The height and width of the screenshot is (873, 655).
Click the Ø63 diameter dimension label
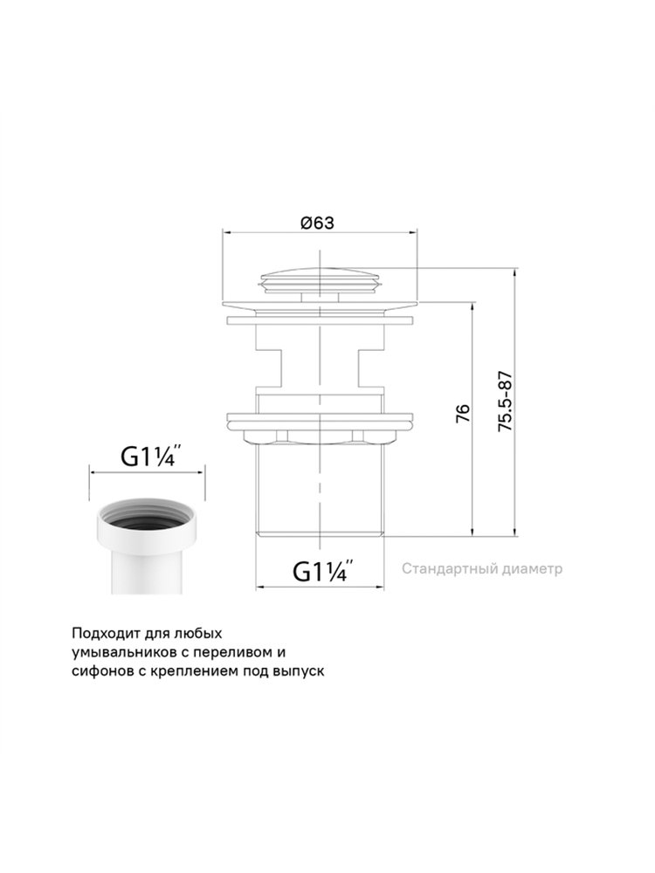(318, 223)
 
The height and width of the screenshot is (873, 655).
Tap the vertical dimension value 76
(463, 413)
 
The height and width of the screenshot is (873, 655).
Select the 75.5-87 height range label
(505, 402)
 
